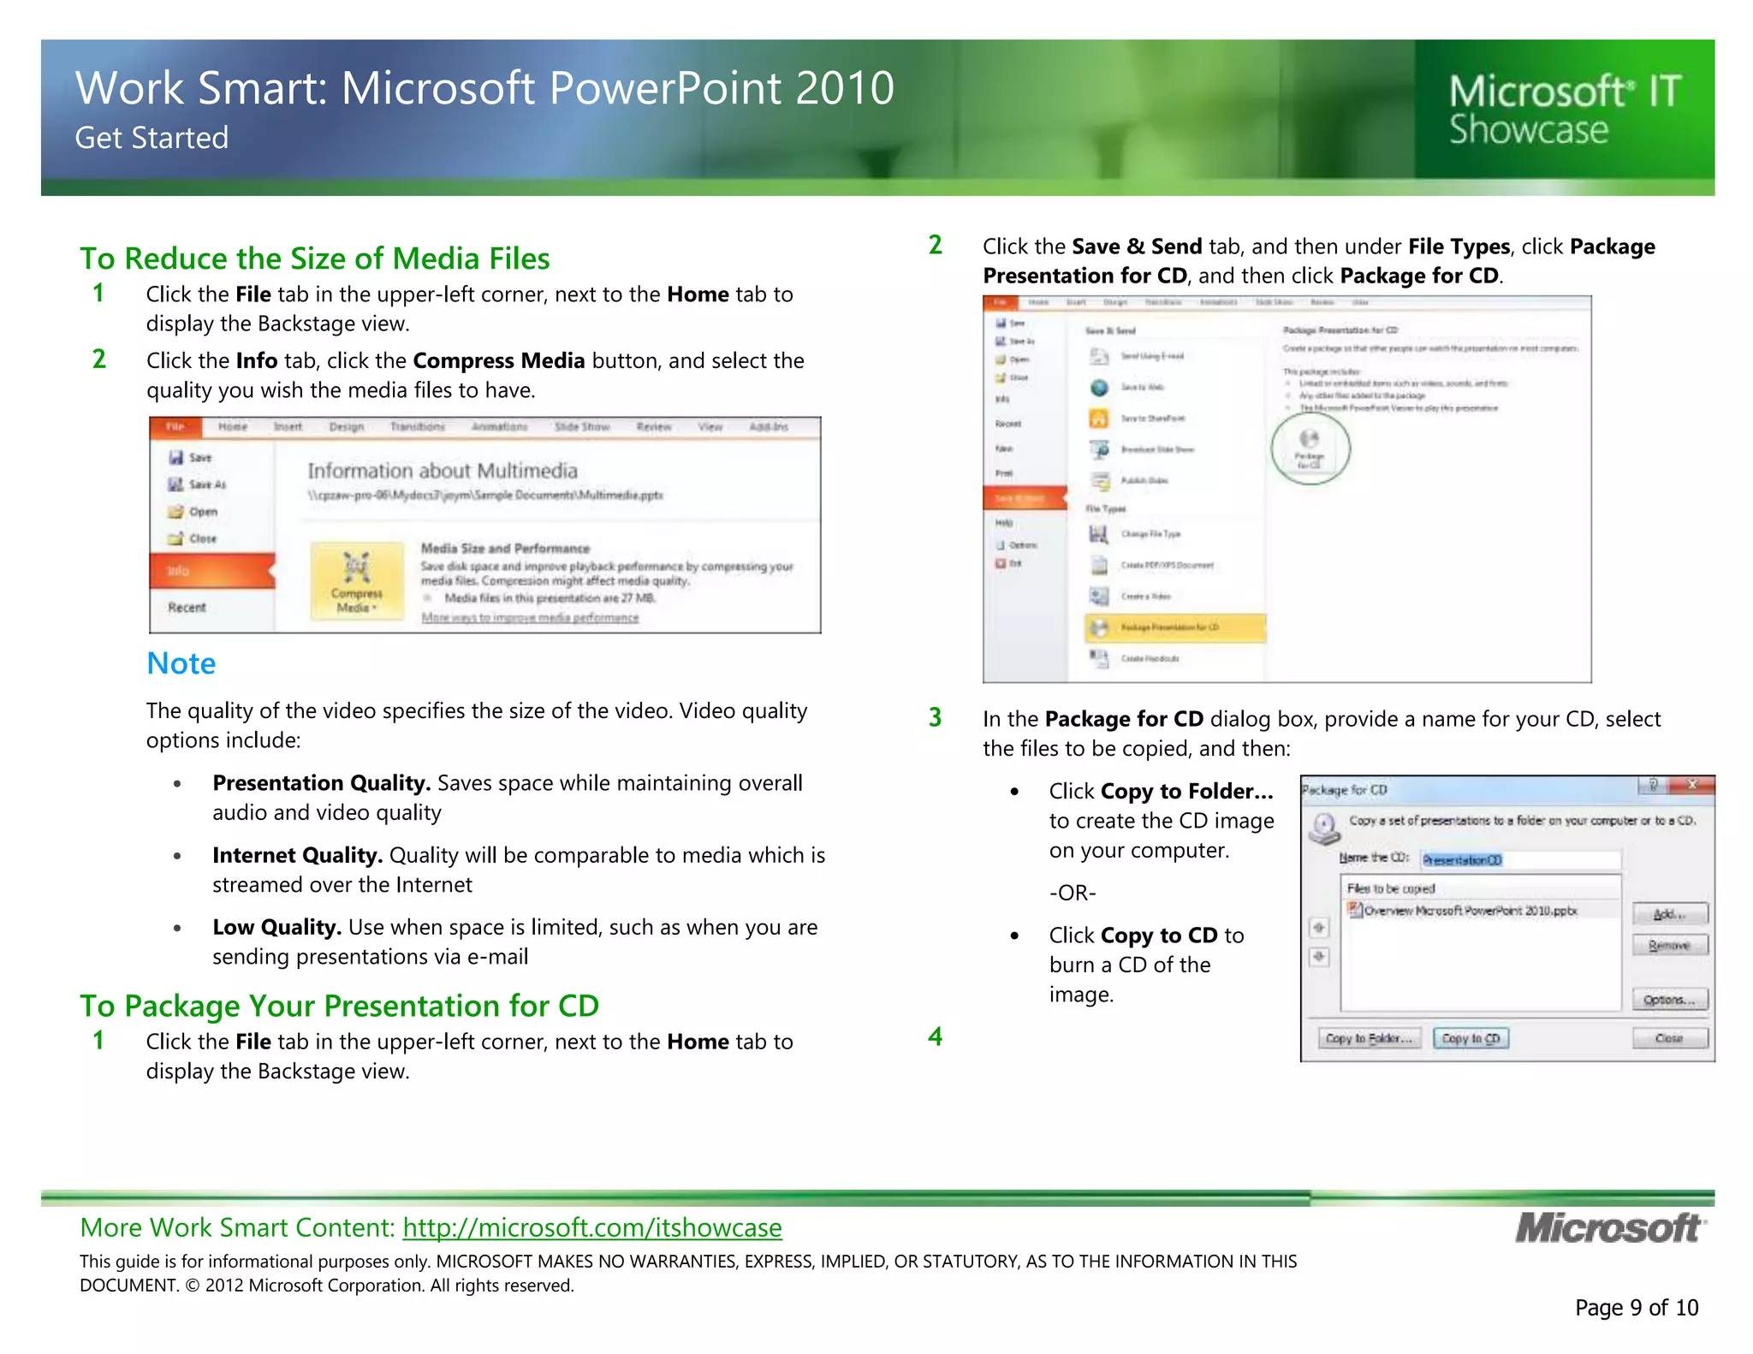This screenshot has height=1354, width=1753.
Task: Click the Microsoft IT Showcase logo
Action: point(1565,110)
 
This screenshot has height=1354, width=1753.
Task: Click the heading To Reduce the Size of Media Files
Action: point(314,258)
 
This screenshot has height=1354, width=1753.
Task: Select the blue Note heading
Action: point(181,663)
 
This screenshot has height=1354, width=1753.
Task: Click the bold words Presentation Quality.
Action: point(320,783)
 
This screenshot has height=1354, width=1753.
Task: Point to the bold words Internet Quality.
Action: point(296,855)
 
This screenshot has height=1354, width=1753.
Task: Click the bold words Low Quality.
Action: point(276,927)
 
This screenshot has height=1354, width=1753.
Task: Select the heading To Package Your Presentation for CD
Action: point(339,1006)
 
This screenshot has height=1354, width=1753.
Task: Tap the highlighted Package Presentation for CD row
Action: point(1174,627)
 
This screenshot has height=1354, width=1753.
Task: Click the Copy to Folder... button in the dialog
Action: point(1368,1038)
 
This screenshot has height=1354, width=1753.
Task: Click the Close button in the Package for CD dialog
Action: point(1669,1038)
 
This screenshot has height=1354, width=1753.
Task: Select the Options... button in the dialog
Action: point(1669,1000)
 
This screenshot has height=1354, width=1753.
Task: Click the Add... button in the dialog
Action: point(1669,914)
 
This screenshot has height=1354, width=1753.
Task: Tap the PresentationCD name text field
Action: point(1520,859)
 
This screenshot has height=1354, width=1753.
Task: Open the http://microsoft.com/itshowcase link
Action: point(592,1227)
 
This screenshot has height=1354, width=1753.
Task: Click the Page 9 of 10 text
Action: point(1636,1307)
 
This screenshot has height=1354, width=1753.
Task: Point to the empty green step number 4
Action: point(935,1036)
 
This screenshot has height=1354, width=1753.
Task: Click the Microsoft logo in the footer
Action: point(1609,1228)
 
